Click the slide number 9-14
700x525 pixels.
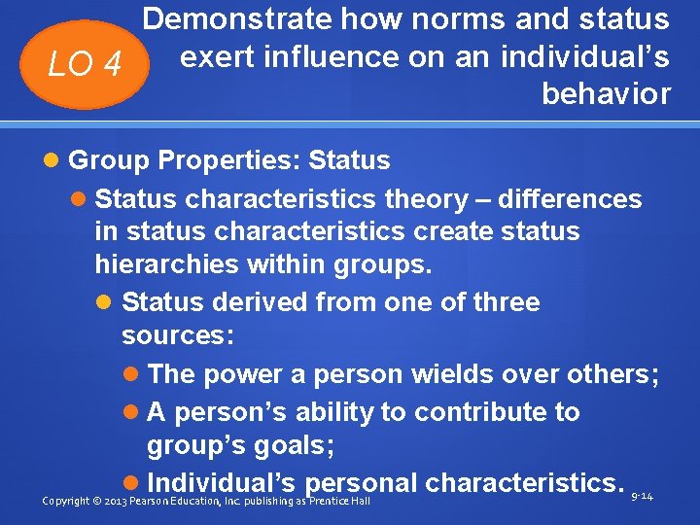642,497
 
